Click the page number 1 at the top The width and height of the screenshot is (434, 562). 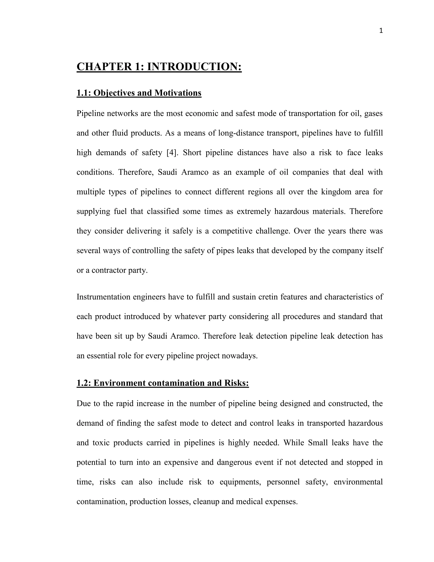tap(381, 31)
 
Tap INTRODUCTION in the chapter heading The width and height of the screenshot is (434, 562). tap(194, 67)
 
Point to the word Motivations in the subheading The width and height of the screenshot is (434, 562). tap(178, 93)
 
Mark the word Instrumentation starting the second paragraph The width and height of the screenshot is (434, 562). tap(103, 297)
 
